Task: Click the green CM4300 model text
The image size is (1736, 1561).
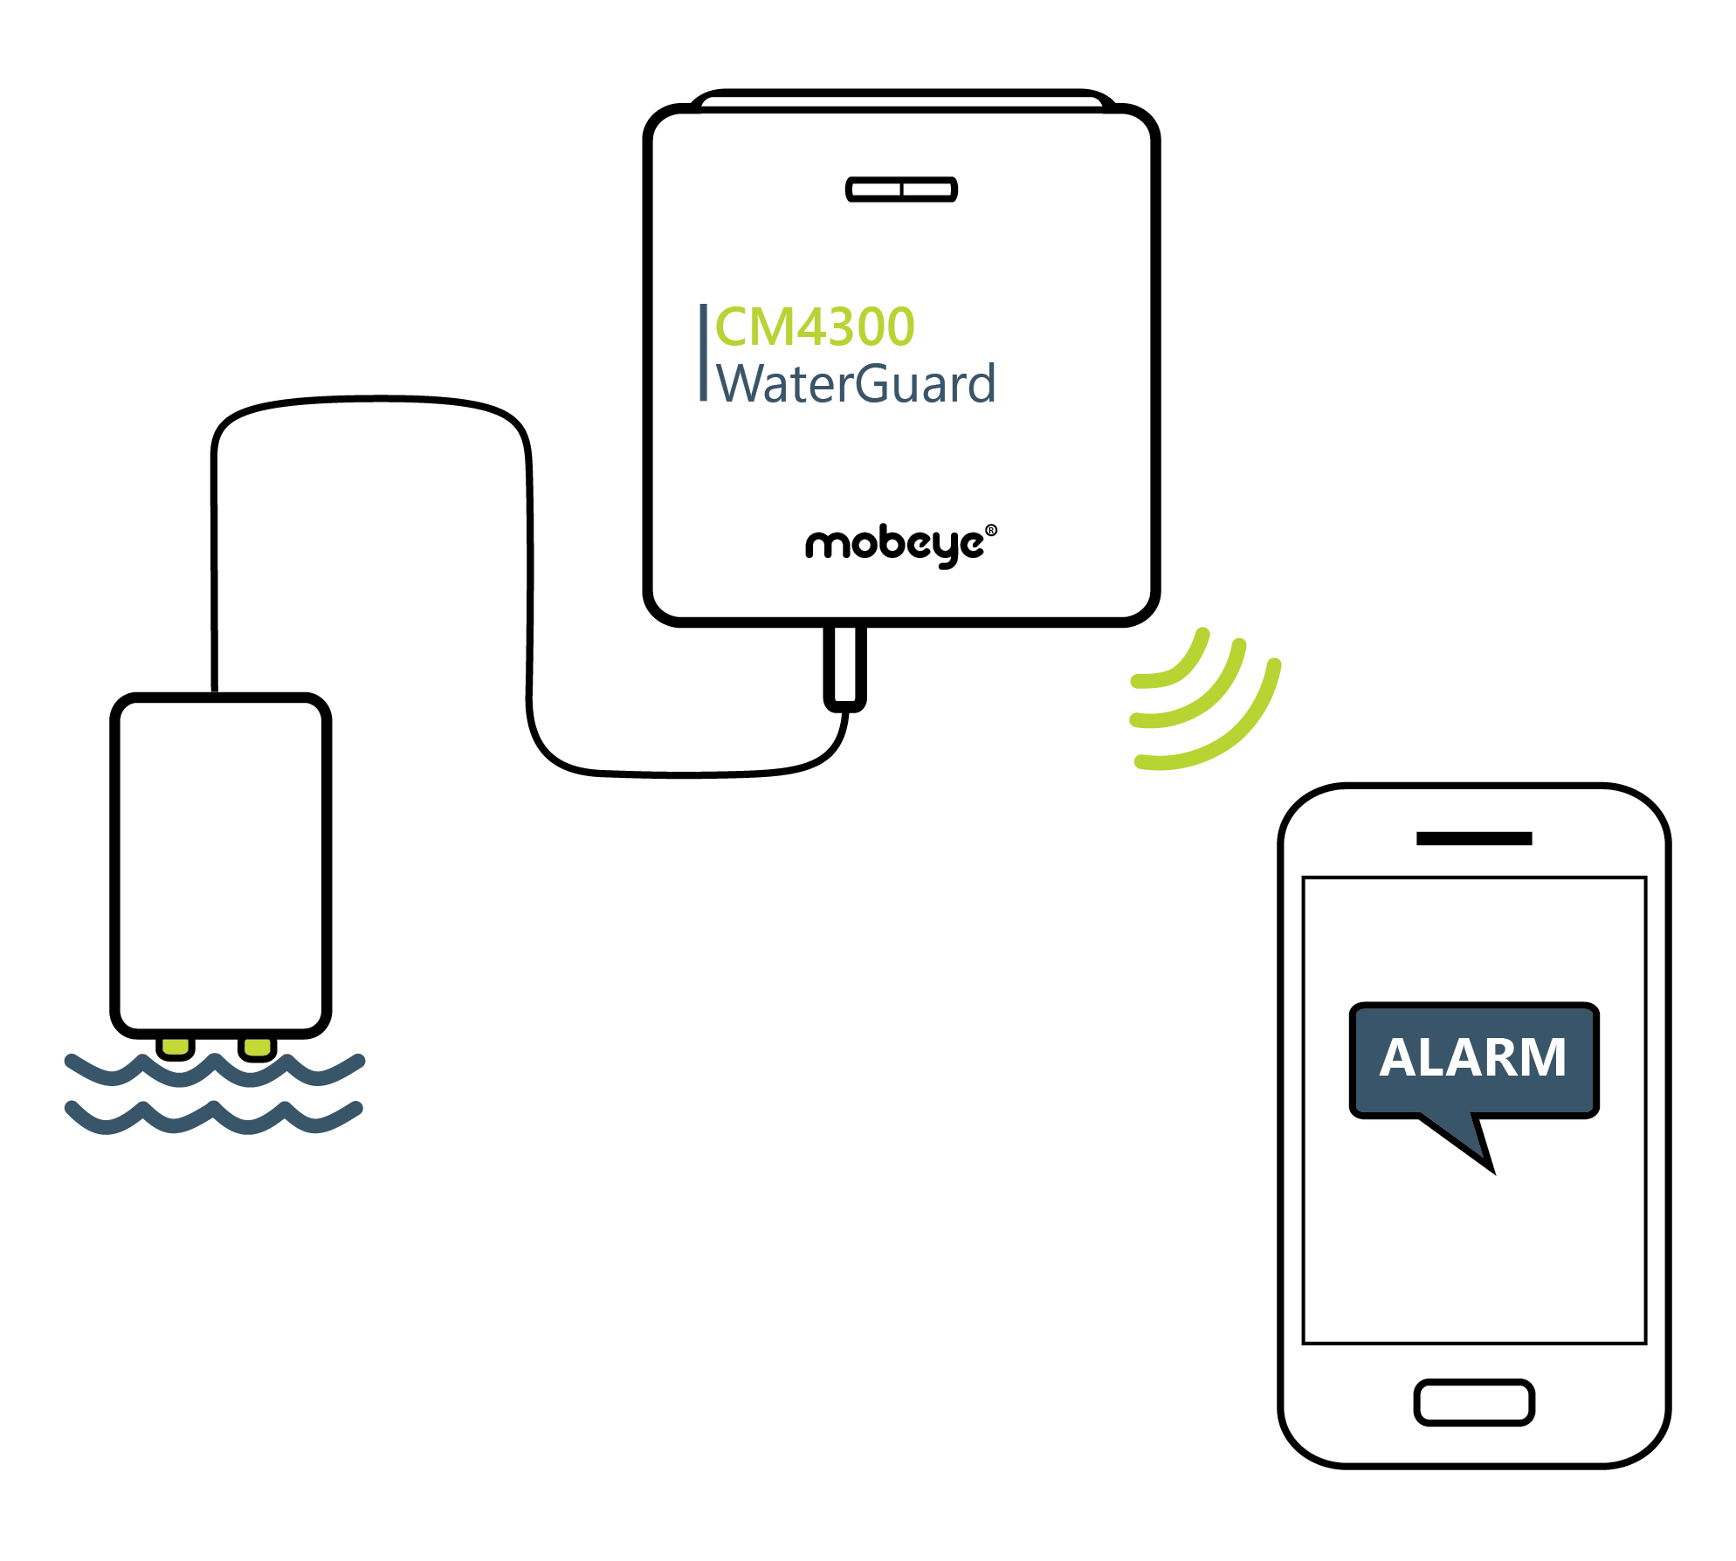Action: (x=814, y=327)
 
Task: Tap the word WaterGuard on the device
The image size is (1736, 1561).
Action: (x=856, y=384)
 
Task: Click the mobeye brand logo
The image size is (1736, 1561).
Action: (x=895, y=545)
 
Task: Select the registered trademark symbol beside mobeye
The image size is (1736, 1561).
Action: (x=991, y=530)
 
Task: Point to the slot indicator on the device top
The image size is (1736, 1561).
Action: (x=901, y=189)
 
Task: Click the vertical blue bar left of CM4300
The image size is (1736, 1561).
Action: (x=703, y=353)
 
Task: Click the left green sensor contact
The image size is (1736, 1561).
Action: (x=176, y=1047)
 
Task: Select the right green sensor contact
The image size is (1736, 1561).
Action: (x=257, y=1047)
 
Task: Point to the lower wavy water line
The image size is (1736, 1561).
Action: (x=214, y=1118)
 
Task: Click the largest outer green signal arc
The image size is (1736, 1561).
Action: (x=1240, y=733)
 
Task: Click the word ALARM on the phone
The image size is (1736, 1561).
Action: (x=1473, y=1057)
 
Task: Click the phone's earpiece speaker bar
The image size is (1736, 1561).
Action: (x=1474, y=839)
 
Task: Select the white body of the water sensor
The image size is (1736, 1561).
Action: (x=220, y=864)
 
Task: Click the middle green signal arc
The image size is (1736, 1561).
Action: (x=1209, y=698)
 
